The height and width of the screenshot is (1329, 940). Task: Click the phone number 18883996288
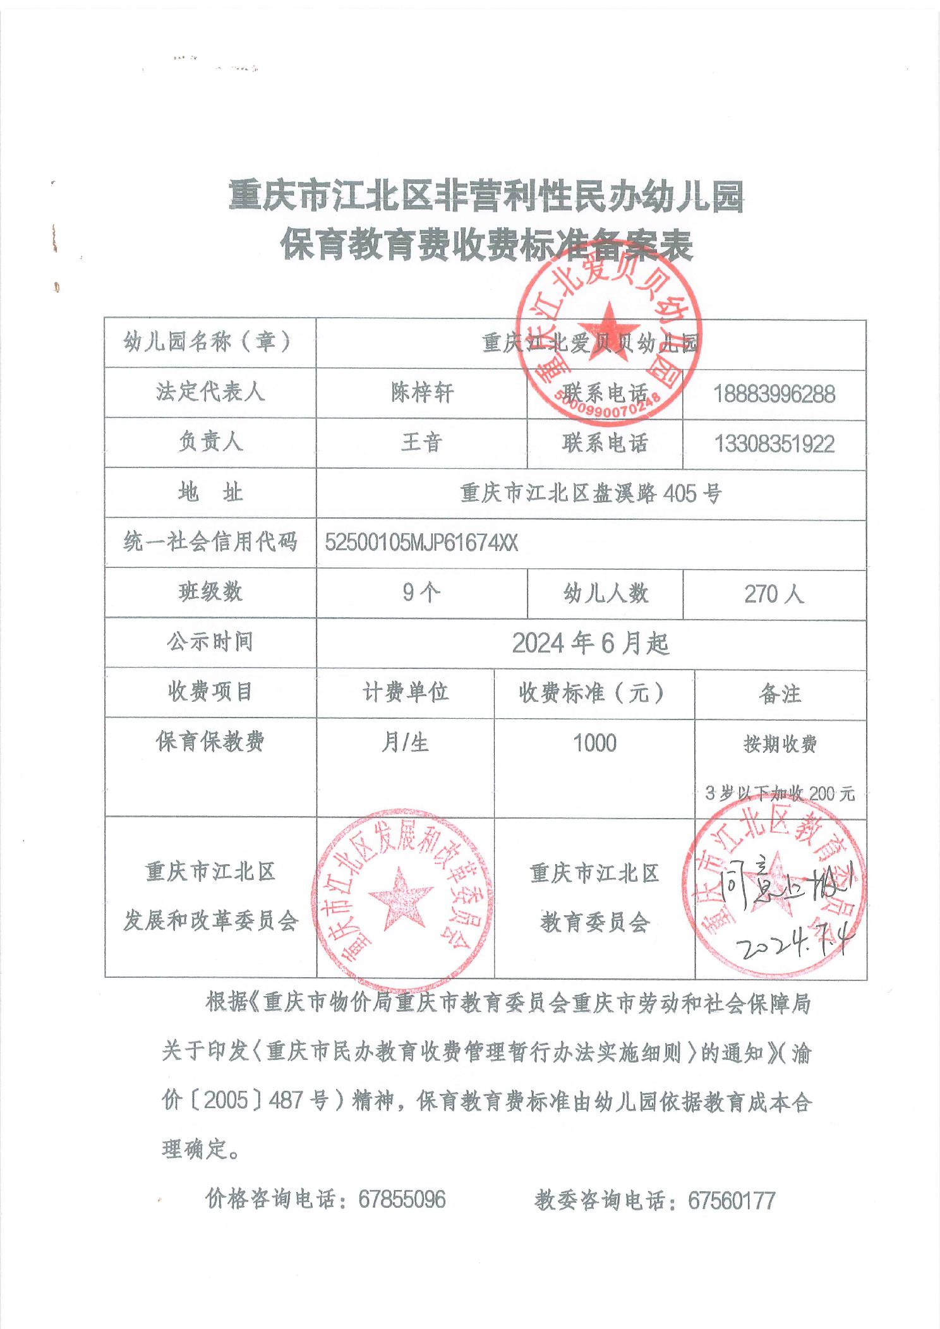coord(774,394)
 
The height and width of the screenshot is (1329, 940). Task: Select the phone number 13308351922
coord(774,444)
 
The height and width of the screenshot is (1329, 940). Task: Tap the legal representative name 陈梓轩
coord(421,394)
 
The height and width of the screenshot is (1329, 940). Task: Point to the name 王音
coord(421,443)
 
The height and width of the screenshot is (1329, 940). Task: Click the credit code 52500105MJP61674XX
coord(421,543)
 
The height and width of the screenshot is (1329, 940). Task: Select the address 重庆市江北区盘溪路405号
coord(591,493)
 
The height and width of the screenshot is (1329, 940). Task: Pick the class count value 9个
coord(421,593)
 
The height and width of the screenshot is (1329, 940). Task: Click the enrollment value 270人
coord(774,594)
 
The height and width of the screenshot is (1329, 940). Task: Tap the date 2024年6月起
coord(591,644)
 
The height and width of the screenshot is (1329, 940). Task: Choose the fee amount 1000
coord(594,743)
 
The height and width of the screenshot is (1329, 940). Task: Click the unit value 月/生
coord(405,743)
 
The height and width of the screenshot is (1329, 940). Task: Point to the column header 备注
coord(780,694)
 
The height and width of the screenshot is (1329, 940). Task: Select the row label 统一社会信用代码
coord(210,543)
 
